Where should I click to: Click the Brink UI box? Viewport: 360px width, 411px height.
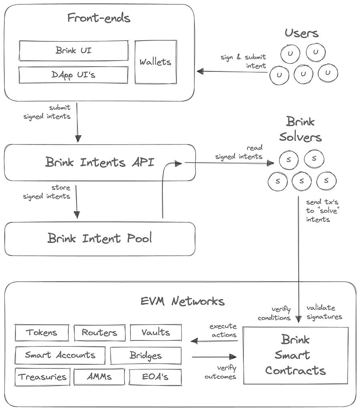74,50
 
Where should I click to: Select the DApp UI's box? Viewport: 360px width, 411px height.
73,75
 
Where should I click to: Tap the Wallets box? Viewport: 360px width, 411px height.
155,62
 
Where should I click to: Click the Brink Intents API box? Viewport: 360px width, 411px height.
99,162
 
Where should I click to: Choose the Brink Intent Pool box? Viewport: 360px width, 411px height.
99,238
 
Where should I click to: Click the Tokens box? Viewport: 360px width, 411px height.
42,332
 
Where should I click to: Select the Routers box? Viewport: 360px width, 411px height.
100,332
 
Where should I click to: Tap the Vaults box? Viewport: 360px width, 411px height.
156,332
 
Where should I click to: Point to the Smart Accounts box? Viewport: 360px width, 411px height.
60,355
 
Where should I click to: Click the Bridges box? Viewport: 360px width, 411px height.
146,356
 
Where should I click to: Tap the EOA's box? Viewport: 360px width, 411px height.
155,377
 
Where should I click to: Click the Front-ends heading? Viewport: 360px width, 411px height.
99,18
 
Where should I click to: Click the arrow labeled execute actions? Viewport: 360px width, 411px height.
214,341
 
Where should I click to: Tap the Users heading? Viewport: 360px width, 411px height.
301,33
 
